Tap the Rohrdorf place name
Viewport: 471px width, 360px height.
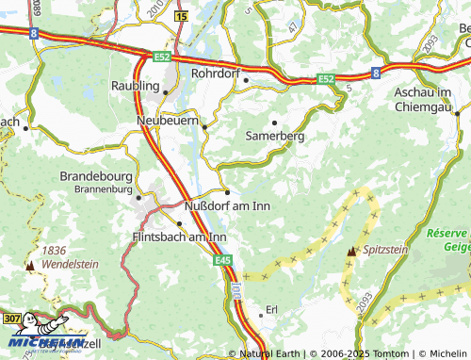(218, 72)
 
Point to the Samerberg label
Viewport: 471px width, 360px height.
(274, 137)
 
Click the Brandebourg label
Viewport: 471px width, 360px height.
(100, 176)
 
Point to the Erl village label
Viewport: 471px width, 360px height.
(273, 309)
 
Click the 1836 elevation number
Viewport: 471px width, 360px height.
(55, 252)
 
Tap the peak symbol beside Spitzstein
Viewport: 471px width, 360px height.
(352, 253)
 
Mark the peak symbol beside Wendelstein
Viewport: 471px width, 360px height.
(32, 267)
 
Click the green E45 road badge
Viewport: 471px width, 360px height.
(222, 260)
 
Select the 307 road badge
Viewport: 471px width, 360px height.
(10, 320)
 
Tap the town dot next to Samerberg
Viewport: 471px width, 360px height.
(274, 123)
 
